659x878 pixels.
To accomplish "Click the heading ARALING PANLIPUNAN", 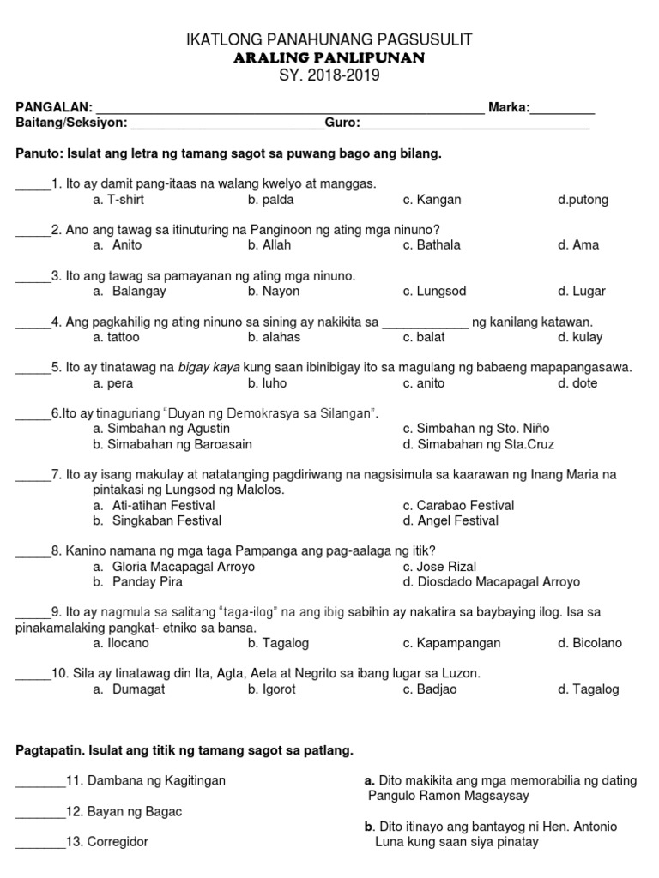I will click(329, 57).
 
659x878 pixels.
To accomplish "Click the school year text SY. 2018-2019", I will click(329, 75).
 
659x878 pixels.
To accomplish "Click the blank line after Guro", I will click(475, 125).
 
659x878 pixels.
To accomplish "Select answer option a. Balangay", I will click(130, 292).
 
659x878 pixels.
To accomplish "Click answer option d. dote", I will click(577, 383).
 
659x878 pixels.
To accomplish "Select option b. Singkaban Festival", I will click(157, 520).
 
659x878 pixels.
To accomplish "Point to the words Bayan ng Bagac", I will click(142, 812).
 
